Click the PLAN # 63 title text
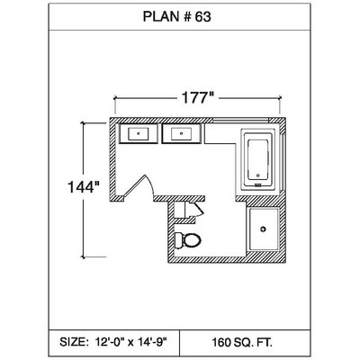point(176,17)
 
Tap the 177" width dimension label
point(197,98)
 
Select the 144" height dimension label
point(84,187)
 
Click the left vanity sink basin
point(139,133)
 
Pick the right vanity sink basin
point(182,133)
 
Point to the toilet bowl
point(192,240)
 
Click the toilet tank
point(178,240)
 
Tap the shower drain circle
point(264,229)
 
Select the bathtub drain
point(257,175)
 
